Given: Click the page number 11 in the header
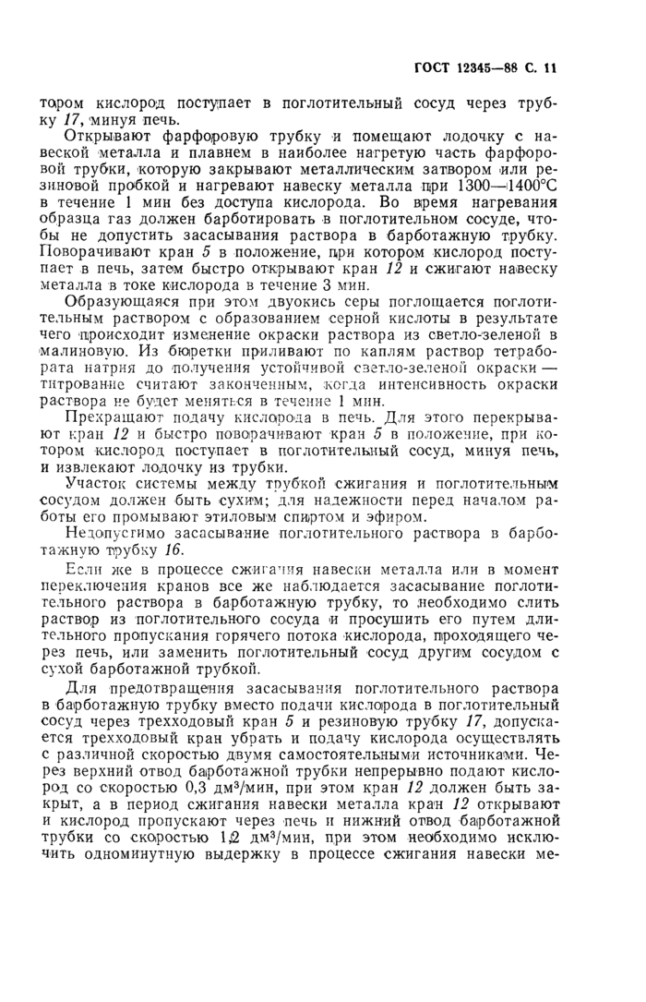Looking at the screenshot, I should [552, 67].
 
